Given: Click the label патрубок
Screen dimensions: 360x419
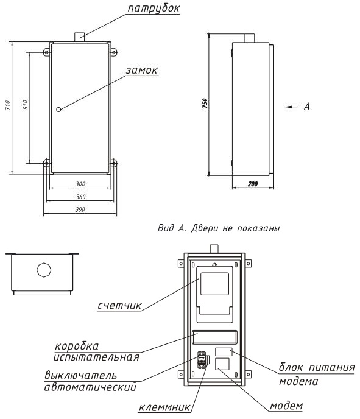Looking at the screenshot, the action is (x=154, y=9).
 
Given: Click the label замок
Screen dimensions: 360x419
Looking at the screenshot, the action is (x=142, y=70).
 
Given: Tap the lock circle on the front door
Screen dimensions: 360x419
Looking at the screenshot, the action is (x=58, y=109).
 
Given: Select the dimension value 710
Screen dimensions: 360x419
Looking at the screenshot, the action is (x=7, y=105).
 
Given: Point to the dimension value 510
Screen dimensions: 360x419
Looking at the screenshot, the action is (x=25, y=105).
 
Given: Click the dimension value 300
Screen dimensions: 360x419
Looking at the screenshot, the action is (x=80, y=184).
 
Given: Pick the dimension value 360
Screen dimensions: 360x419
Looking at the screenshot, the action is (x=80, y=197).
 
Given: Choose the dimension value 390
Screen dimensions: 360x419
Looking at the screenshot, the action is (x=80, y=209).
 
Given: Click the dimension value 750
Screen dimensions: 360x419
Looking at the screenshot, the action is (x=205, y=103).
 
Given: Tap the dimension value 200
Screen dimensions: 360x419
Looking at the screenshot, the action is (x=253, y=184).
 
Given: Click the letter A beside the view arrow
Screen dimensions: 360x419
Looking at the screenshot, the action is (x=307, y=107).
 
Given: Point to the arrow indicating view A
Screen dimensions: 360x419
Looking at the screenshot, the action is (x=291, y=107).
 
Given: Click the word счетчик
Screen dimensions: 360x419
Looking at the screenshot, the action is (x=119, y=306).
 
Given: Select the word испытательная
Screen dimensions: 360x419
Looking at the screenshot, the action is (x=96, y=357).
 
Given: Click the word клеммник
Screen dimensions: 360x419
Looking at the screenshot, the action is (x=164, y=408).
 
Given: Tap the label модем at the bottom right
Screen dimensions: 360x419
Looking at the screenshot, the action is (x=286, y=406).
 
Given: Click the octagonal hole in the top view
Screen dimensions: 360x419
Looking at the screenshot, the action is (x=44, y=270).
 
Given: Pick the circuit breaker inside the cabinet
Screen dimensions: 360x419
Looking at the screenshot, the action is (x=201, y=360).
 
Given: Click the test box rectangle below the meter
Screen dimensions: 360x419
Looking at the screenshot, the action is (x=214, y=337).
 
